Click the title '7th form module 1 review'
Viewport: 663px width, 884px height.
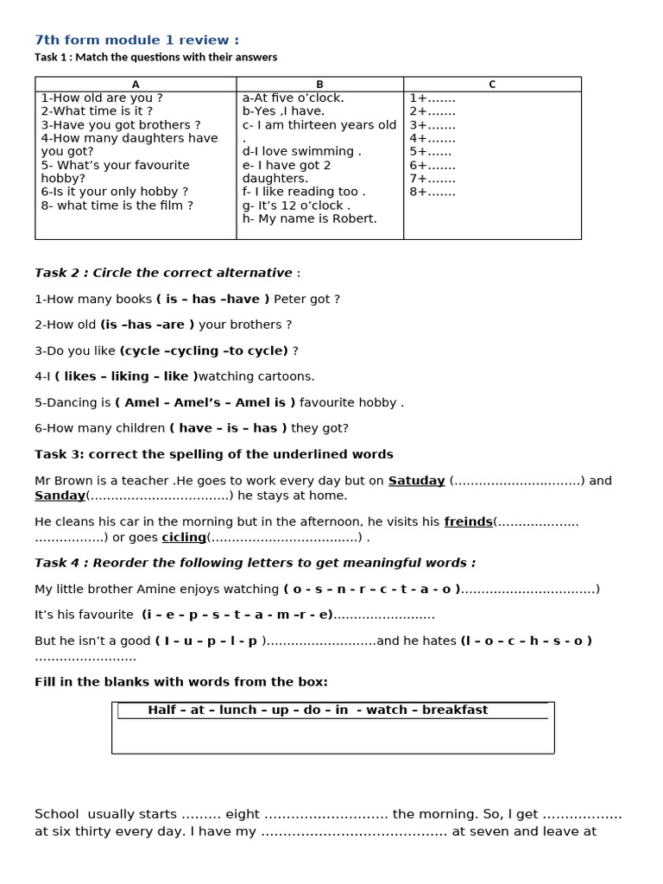tap(136, 40)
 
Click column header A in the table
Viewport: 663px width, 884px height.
tap(136, 85)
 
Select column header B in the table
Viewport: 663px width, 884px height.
tap(319, 85)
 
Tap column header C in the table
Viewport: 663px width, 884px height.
tap(492, 85)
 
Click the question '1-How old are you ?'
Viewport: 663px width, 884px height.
tap(102, 98)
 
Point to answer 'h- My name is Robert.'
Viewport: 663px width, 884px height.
tap(309, 219)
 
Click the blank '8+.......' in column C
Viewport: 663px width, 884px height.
tap(433, 192)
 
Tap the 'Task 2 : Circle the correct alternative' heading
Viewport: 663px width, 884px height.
tap(164, 273)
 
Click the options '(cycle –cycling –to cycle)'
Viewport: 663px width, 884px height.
tap(204, 350)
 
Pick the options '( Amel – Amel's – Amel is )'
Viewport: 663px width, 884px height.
tap(205, 402)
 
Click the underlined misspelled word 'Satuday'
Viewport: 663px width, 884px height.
tap(416, 481)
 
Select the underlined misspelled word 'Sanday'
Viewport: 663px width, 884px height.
tap(60, 496)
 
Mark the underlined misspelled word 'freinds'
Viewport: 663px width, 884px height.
tap(468, 521)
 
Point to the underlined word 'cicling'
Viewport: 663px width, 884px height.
tap(184, 537)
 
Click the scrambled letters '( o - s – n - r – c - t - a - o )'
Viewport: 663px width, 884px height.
tap(371, 589)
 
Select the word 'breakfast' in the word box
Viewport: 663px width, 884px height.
tap(454, 710)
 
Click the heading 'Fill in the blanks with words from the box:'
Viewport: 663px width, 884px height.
tap(181, 682)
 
